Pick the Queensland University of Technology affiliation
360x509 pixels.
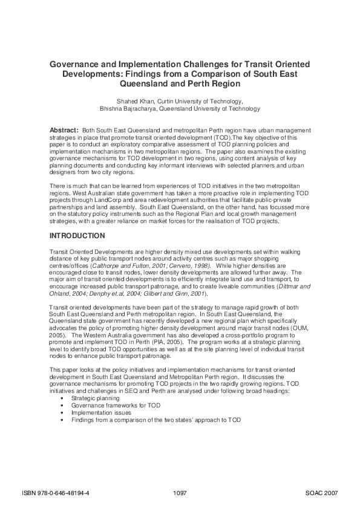[210, 109]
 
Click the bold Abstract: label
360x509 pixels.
[64, 131]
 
